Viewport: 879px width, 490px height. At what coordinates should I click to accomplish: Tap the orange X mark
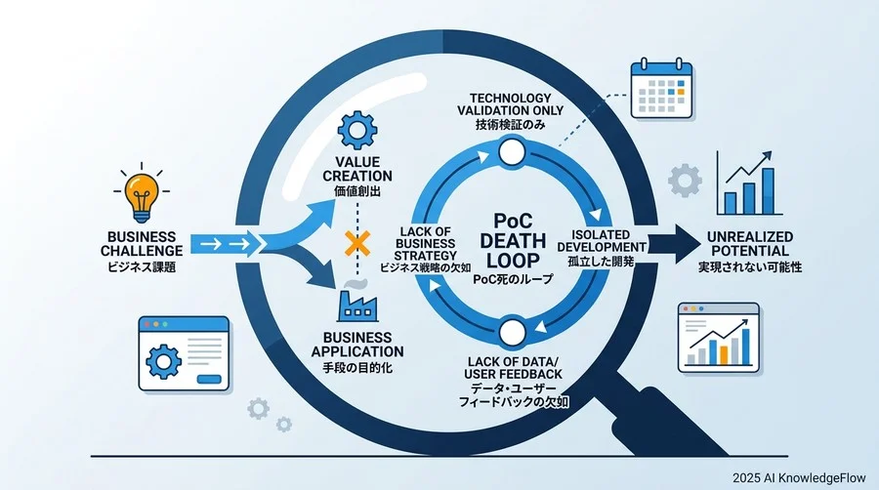click(357, 244)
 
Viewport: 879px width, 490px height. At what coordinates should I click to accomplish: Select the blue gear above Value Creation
click(357, 131)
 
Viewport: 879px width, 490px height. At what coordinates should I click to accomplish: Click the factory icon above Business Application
click(357, 306)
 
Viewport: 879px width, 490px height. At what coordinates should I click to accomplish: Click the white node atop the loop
click(511, 151)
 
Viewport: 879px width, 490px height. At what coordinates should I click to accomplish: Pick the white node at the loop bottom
click(511, 333)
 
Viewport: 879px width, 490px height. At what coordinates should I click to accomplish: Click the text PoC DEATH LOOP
click(513, 241)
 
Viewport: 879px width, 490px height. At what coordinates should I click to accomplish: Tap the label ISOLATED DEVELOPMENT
click(601, 241)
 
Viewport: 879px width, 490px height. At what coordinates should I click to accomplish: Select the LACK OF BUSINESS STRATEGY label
click(426, 244)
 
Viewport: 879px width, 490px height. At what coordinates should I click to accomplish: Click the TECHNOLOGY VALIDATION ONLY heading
click(510, 104)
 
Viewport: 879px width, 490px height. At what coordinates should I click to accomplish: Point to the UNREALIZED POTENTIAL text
click(749, 244)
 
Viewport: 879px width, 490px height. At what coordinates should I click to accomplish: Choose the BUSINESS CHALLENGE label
click(142, 244)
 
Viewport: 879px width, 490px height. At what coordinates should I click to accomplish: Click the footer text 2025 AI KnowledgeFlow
click(799, 477)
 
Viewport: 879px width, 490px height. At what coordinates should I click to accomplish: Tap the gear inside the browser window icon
click(164, 361)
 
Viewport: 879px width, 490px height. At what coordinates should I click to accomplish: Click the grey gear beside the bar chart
click(685, 181)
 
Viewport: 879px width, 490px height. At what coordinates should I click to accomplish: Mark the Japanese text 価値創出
click(357, 191)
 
